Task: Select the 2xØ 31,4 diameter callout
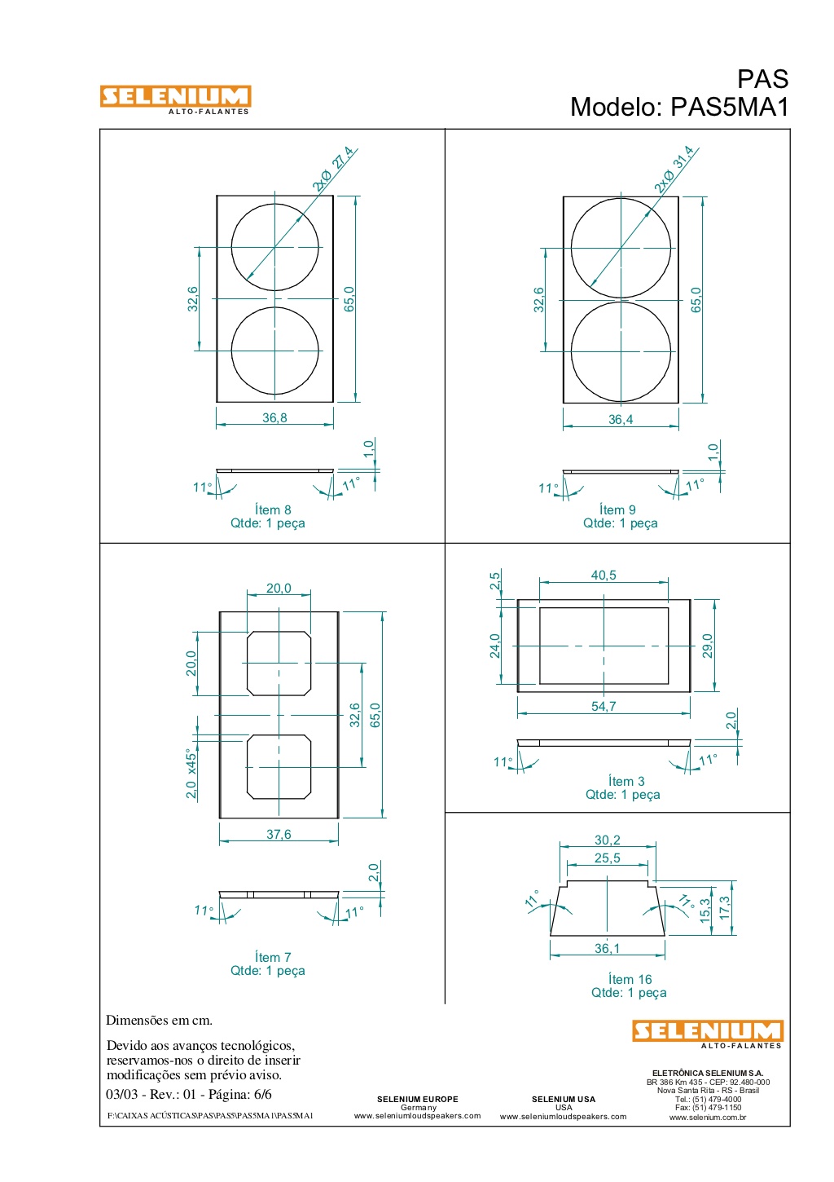coord(674,169)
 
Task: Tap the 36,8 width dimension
coord(274,418)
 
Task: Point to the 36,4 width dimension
coord(621,420)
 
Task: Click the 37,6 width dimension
coord(279,834)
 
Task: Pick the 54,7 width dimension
coord(604,706)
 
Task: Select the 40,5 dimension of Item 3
coord(604,576)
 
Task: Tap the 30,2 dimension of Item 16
coord(608,840)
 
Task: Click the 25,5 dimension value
coord(608,858)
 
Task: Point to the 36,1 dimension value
coord(608,948)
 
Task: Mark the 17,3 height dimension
coord(725,907)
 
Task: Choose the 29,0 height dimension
coord(708,646)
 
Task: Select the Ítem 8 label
coord(273,509)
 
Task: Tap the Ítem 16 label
coord(630,979)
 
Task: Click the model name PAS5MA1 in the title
coord(729,107)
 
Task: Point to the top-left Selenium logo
coord(175,99)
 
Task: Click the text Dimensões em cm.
coord(159,1020)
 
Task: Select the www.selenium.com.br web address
coord(708,1117)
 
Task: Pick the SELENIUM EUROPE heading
coord(418,1099)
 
